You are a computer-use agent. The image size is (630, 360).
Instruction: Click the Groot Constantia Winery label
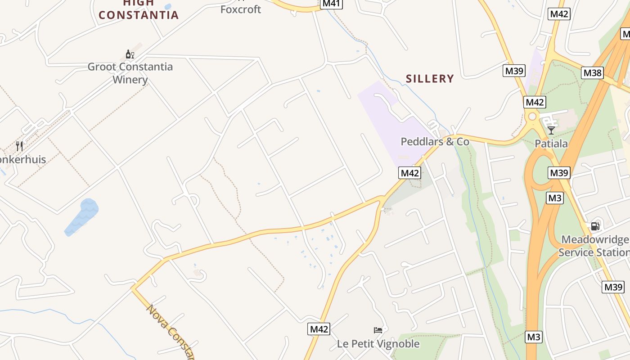point(130,73)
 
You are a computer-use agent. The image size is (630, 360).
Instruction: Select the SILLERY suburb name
point(430,79)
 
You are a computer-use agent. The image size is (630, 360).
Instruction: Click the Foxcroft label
point(241,9)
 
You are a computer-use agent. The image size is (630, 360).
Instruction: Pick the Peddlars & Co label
point(435,142)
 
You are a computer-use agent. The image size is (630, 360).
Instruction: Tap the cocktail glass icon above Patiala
point(551,130)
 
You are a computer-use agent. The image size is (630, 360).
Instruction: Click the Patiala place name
point(551,144)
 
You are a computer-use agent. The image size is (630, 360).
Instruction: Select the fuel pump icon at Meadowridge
point(595,226)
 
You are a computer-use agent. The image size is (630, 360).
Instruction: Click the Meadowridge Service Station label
point(594,246)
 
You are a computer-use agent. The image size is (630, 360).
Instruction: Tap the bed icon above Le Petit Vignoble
point(378,330)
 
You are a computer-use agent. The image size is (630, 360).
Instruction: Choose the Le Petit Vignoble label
point(378,344)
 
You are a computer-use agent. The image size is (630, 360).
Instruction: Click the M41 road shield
point(332,4)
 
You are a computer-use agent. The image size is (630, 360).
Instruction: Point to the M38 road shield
point(592,73)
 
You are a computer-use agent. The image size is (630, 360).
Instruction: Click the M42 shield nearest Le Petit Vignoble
point(319,329)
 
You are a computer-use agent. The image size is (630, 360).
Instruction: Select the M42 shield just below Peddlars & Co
point(409,173)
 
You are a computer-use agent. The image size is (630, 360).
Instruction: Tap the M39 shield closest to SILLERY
point(514,71)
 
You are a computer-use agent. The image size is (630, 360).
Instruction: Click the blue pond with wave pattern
point(82,216)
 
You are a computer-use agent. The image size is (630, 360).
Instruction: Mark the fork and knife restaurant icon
point(19,146)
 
